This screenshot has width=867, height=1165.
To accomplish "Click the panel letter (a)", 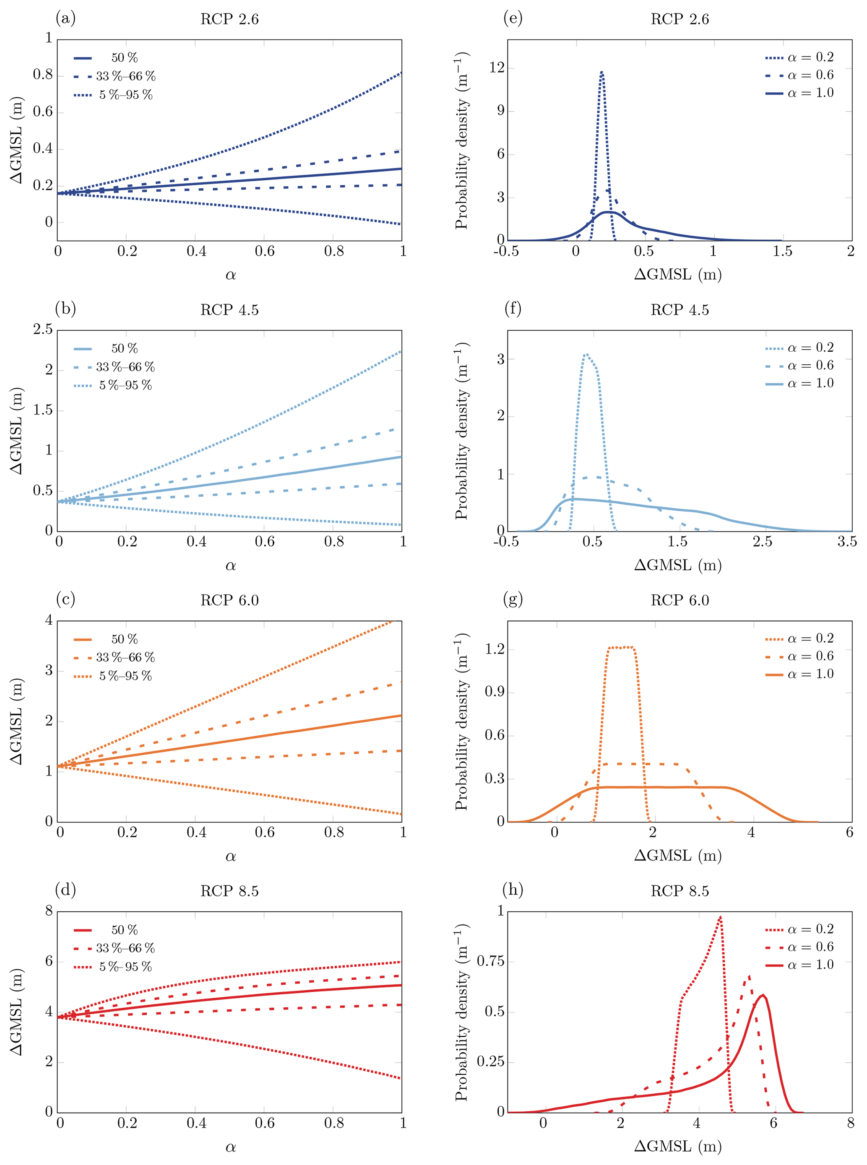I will pyautogui.click(x=65, y=19).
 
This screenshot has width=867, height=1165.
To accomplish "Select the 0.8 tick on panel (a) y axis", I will pyautogui.click(x=43, y=75).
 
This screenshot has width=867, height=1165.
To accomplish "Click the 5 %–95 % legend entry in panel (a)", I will pyautogui.click(x=125, y=95).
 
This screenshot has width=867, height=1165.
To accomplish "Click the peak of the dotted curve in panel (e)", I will pyautogui.click(x=601, y=72).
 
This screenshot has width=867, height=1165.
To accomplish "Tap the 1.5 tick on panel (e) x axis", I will pyautogui.click(x=781, y=251).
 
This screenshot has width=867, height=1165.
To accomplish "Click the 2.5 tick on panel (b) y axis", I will pyautogui.click(x=43, y=330).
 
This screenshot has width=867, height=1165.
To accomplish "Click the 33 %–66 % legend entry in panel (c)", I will pyautogui.click(x=125, y=658).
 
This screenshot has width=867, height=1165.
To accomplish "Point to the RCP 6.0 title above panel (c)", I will pyautogui.click(x=229, y=601).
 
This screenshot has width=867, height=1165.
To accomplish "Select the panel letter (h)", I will pyautogui.click(x=512, y=890).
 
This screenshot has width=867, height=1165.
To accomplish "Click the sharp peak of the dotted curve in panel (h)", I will pyautogui.click(x=720, y=917).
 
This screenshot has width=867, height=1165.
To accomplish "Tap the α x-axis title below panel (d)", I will pyautogui.click(x=230, y=1147).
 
